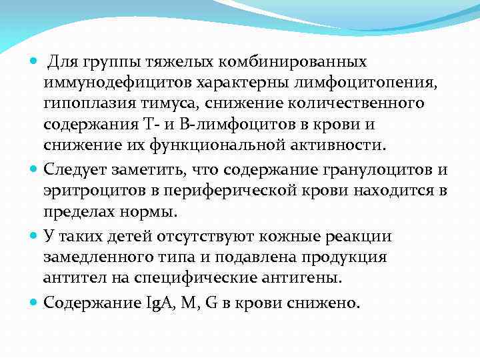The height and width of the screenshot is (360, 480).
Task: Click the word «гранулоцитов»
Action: [363, 169]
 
